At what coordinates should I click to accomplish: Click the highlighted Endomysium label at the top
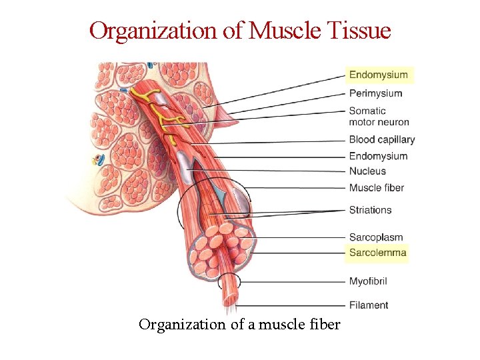point(378,75)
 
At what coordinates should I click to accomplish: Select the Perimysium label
point(375,93)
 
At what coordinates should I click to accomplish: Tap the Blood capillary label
point(381,140)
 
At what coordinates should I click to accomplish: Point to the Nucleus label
point(367,171)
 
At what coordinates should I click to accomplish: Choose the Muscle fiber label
point(376,188)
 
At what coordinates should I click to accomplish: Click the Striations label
point(370,210)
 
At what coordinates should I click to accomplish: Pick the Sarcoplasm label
point(376,237)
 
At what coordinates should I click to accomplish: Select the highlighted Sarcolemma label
point(377,253)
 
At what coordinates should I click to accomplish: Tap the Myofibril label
point(368,281)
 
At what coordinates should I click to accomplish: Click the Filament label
point(369,305)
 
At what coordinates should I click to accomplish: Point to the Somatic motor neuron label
point(379,116)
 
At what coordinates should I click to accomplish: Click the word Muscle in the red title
point(280,31)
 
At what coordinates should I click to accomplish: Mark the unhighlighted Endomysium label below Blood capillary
point(378,156)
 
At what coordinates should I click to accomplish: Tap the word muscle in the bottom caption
point(281,325)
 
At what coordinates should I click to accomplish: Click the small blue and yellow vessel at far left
point(99,160)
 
